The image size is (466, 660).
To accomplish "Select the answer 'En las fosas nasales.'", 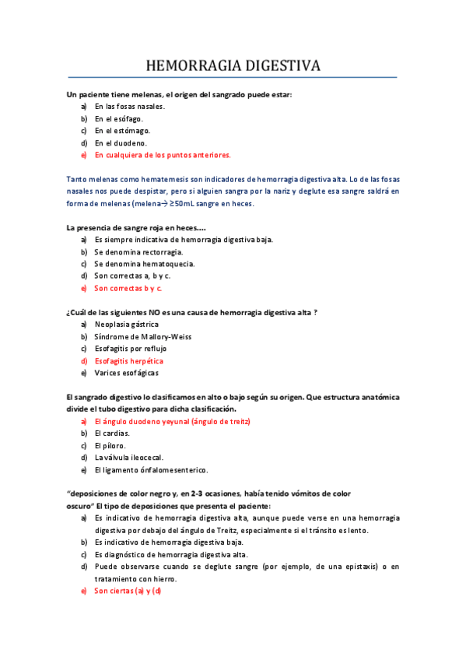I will tap(129, 106).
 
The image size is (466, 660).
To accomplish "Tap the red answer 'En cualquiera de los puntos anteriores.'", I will tap(163, 155).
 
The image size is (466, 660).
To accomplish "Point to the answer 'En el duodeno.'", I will tap(121, 143).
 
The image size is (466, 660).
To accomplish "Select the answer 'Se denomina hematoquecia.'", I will tap(144, 264).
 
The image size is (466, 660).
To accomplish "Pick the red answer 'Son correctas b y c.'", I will tap(128, 288).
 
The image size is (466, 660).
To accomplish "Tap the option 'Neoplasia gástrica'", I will tap(126, 324).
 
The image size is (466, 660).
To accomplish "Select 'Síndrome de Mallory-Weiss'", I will tap(142, 336).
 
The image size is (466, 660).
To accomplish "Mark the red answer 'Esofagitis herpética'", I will tap(129, 361).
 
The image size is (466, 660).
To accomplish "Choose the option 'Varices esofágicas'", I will tap(125, 373).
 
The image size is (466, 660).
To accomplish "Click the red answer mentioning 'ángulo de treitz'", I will tap(172, 421).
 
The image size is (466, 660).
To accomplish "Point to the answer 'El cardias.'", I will tap(112, 433).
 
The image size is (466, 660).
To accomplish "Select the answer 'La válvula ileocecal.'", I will tap(128, 458).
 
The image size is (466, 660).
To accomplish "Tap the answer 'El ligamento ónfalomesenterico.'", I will tap(151, 470).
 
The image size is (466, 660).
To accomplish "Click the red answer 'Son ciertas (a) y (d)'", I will tap(128, 591).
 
